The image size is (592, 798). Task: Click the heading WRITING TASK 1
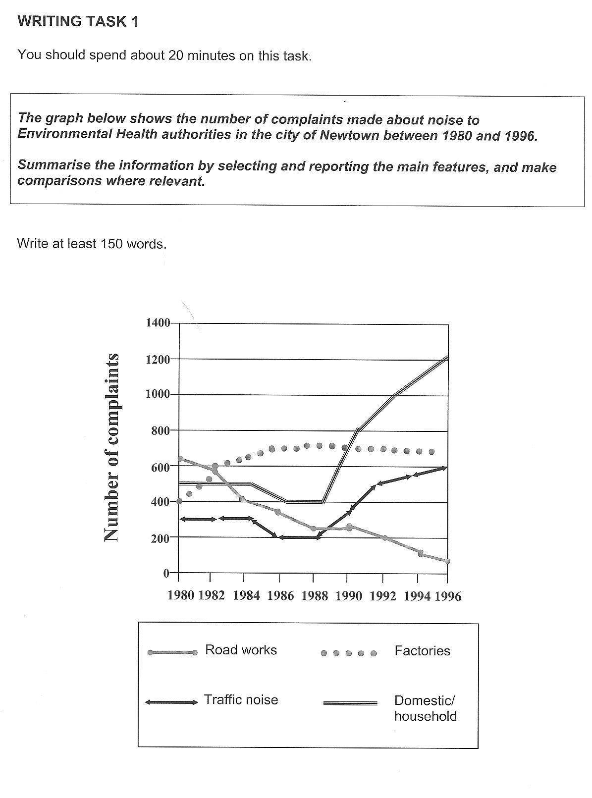coord(78,22)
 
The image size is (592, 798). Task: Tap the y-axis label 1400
coord(157,323)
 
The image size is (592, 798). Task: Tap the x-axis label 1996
coord(448,596)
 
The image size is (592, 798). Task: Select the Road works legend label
coord(241,650)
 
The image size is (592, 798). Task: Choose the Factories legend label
coord(422,651)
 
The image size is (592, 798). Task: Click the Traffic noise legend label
coord(241,700)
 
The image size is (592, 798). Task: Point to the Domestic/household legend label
coord(425,708)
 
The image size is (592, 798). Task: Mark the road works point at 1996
coord(447,561)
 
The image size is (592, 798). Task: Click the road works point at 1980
coord(180,459)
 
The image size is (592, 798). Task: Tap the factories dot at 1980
coord(179,501)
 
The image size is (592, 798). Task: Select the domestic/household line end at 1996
coord(447,357)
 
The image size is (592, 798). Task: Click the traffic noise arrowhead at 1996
coord(445,467)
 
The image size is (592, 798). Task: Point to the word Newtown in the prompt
coord(345,135)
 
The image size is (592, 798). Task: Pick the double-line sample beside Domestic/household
coord(350,703)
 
